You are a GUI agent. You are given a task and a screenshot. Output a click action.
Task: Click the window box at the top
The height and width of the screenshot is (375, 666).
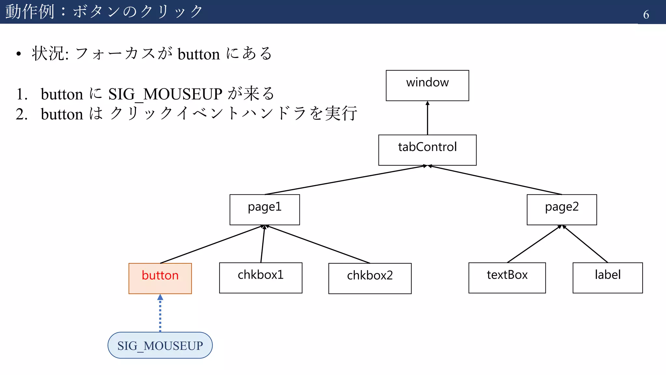pyautogui.click(x=427, y=85)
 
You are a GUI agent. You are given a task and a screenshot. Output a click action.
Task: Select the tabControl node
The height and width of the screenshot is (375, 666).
pyautogui.click(x=427, y=150)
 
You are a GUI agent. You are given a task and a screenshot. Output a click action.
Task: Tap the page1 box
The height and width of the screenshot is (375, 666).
pyautogui.click(x=264, y=210)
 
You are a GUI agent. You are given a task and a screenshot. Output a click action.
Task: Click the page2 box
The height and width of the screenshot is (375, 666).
pyautogui.click(x=562, y=210)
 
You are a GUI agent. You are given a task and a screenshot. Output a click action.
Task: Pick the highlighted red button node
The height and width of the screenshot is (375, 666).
pyautogui.click(x=160, y=278)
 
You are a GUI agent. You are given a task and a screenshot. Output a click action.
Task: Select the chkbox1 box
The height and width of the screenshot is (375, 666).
pyautogui.click(x=260, y=278)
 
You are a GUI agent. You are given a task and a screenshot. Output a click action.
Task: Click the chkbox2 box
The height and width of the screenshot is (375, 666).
pyautogui.click(x=370, y=278)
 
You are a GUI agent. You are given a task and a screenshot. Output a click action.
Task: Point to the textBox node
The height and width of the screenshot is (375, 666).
pyautogui.click(x=507, y=278)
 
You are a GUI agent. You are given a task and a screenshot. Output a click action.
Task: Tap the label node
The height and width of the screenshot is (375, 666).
pyautogui.click(x=607, y=278)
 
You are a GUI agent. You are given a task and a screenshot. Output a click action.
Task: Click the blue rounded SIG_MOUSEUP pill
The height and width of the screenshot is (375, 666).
pyautogui.click(x=160, y=345)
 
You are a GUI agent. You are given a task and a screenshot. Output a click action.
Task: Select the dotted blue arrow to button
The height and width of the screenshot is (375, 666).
pyautogui.click(x=160, y=314)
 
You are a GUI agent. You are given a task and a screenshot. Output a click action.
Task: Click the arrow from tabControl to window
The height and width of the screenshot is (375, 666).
pyautogui.click(x=427, y=118)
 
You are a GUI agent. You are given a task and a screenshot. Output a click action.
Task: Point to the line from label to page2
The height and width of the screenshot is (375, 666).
pyautogui.click(x=585, y=244)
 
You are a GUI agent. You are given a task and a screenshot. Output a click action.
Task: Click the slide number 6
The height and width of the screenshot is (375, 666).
pyautogui.click(x=646, y=15)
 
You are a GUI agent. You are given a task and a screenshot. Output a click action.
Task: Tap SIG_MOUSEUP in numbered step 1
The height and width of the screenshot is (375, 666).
pyautogui.click(x=165, y=94)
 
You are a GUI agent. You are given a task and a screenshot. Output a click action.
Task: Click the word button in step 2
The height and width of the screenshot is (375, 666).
pyautogui.click(x=62, y=114)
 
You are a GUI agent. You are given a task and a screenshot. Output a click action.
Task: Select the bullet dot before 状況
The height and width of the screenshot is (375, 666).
pyautogui.click(x=19, y=54)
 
